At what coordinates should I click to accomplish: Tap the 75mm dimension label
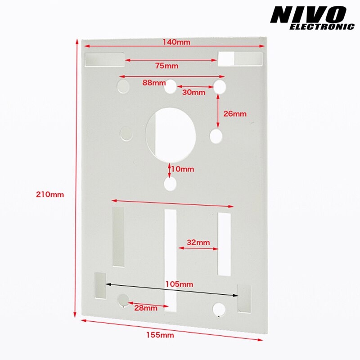[166, 66]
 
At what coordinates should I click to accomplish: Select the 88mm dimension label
[153, 82]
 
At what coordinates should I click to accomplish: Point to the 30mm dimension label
[194, 92]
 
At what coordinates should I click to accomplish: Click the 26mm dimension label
[235, 114]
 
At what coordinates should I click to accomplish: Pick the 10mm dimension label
[183, 169]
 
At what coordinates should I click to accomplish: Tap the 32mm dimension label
[198, 242]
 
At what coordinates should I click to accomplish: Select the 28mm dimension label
[145, 308]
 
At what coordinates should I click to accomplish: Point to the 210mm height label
[50, 194]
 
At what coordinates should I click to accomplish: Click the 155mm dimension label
[160, 335]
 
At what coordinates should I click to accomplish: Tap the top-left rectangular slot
[104, 59]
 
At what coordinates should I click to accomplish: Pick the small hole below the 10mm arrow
[170, 184]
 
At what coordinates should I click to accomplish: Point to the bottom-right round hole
[219, 309]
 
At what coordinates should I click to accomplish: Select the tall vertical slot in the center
[171, 260]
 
